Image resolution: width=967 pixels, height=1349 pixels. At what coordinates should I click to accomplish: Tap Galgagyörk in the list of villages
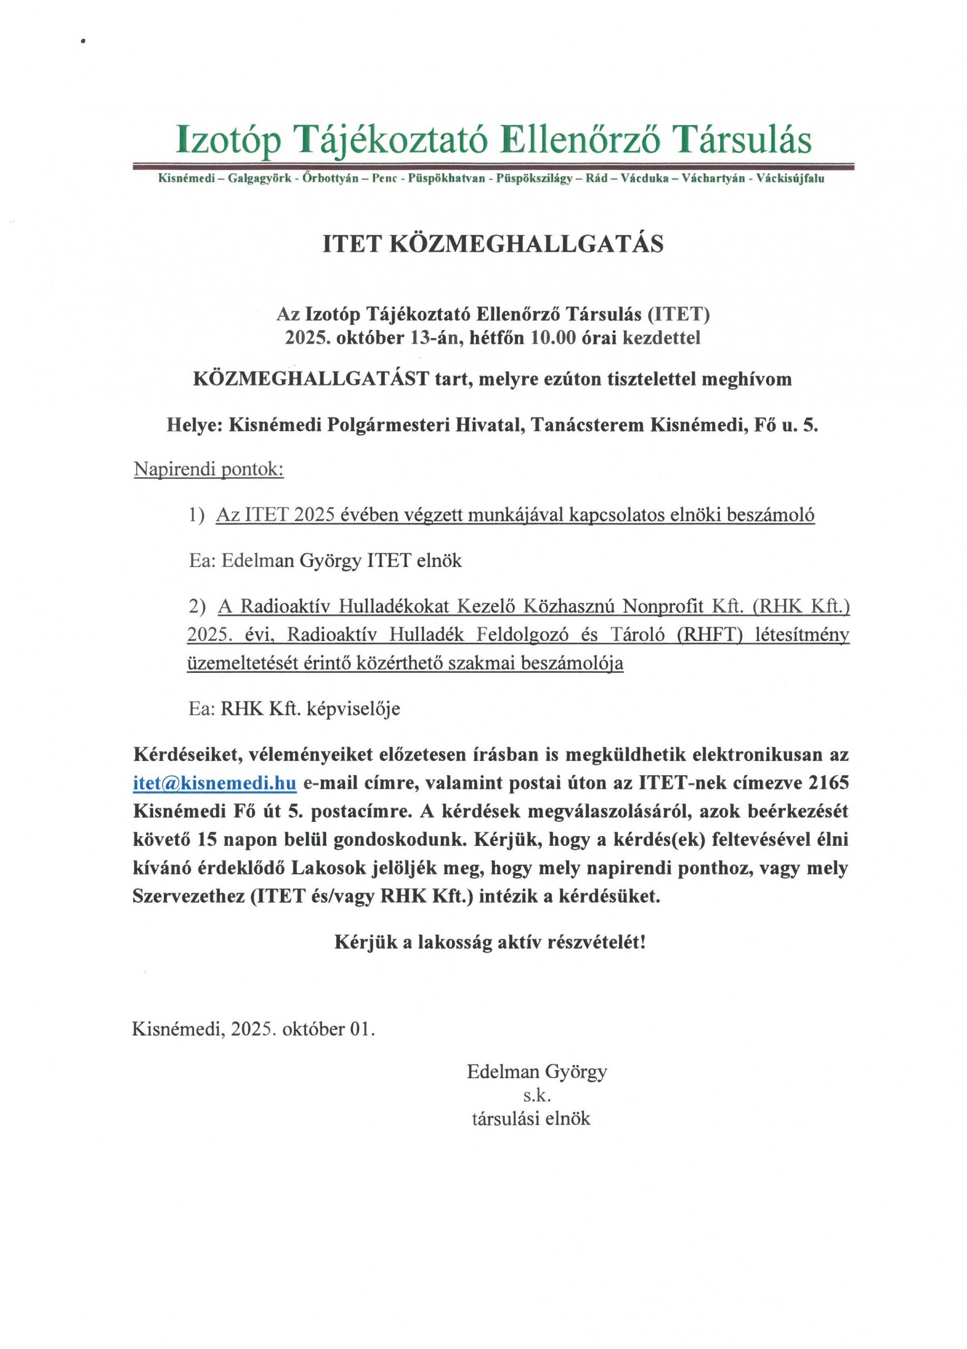(x=260, y=179)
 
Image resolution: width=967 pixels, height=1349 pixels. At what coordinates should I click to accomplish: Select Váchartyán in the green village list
(x=713, y=179)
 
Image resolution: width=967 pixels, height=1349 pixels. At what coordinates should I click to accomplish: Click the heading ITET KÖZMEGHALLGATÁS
(x=492, y=245)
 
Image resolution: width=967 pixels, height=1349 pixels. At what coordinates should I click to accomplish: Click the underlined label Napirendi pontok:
(x=209, y=470)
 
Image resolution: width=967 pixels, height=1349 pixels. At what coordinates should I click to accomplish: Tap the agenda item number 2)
(x=197, y=606)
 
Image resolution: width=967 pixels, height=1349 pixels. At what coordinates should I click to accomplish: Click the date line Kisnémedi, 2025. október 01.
(x=253, y=1029)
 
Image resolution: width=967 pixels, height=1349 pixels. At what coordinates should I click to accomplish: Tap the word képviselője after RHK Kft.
(x=353, y=708)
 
